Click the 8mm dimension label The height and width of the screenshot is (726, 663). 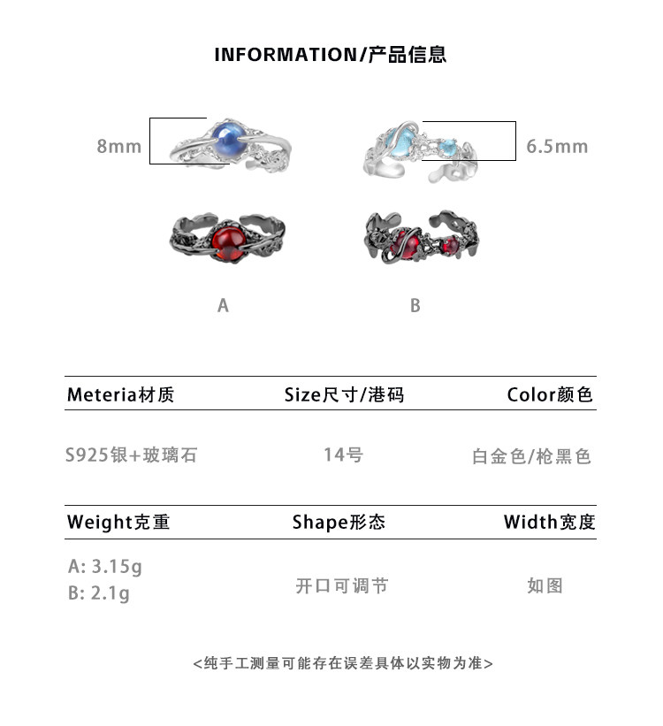click(x=118, y=146)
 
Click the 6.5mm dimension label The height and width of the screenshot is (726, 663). click(x=557, y=146)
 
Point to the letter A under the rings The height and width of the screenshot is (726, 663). click(x=223, y=305)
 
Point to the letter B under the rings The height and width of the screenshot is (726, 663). click(x=415, y=305)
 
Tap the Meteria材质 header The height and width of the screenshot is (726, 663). click(x=120, y=394)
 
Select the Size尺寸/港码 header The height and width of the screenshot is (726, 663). click(x=344, y=394)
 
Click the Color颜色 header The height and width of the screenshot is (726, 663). click(x=549, y=394)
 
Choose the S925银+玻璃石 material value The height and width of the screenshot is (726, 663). click(x=131, y=455)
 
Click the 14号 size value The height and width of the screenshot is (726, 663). click(x=343, y=455)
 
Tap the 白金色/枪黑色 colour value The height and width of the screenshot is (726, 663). click(x=531, y=456)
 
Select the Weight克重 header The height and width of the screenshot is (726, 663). click(x=118, y=523)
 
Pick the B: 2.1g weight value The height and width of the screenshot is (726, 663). click(x=98, y=592)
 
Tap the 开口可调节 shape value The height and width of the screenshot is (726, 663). click(x=341, y=585)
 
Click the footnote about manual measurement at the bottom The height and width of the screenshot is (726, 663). click(x=343, y=662)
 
